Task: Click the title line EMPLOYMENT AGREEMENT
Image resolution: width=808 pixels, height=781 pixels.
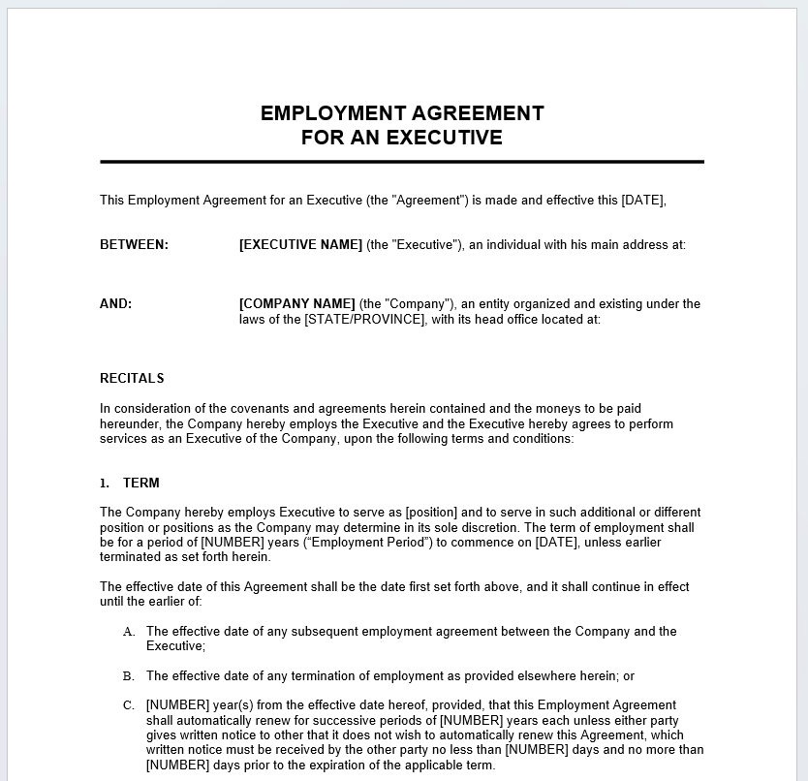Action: [x=402, y=113]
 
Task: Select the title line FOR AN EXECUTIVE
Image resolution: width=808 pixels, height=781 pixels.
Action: [x=402, y=138]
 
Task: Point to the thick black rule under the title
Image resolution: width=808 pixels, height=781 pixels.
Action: [x=402, y=162]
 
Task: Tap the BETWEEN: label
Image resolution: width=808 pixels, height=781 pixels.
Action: [x=134, y=245]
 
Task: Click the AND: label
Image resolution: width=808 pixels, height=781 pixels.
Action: [x=115, y=304]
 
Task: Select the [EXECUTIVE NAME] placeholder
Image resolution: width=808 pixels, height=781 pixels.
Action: [x=300, y=245]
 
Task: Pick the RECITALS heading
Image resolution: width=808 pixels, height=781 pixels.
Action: [x=132, y=379]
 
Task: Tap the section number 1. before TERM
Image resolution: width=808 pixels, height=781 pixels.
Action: [x=105, y=484]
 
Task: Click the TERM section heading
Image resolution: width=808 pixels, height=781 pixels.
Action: [x=141, y=484]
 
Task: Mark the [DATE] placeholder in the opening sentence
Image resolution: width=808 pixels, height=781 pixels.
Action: [x=643, y=201]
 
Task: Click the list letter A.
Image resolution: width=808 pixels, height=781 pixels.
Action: [x=129, y=632]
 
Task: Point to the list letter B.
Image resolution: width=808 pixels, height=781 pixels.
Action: [x=129, y=676]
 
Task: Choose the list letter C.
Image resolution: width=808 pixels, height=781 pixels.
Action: [x=129, y=705]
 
